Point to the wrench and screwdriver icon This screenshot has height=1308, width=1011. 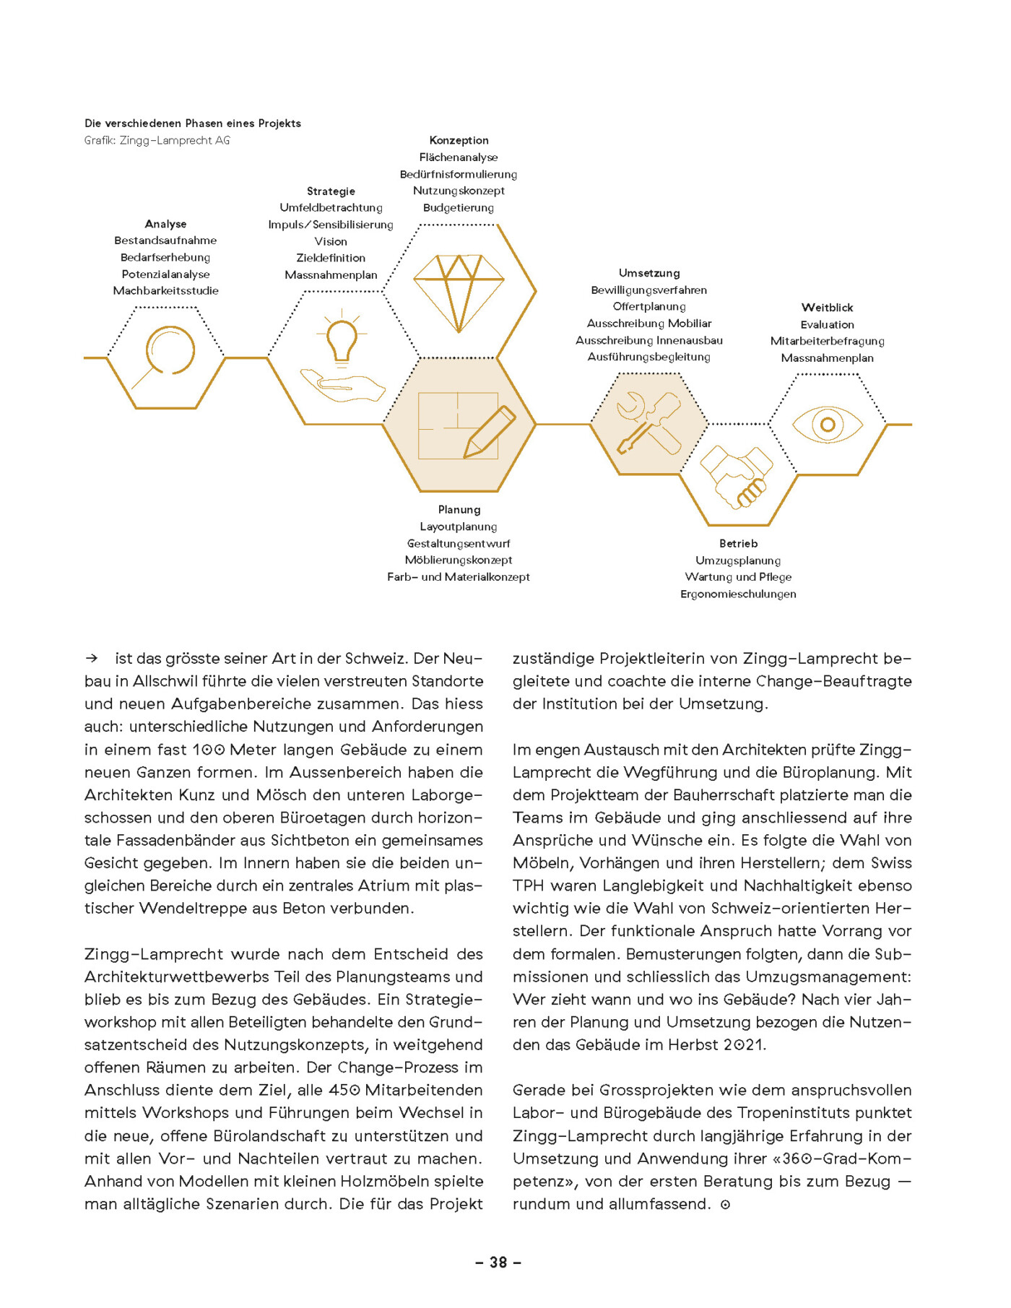coord(648,424)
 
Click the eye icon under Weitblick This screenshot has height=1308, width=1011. coord(828,425)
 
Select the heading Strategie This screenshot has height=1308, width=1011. coord(331,191)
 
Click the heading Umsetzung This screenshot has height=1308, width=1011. coord(649,273)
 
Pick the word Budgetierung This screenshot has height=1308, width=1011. coord(459,208)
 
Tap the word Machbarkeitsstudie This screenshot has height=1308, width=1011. coord(165,291)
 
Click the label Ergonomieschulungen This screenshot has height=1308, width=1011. coord(738,594)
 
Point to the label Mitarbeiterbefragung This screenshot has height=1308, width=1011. coord(827,341)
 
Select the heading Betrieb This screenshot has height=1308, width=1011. coord(738,544)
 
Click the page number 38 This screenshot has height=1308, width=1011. coord(498,1262)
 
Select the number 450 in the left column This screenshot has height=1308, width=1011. coord(344,1091)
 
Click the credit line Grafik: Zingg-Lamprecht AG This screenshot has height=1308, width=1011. coord(157,141)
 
